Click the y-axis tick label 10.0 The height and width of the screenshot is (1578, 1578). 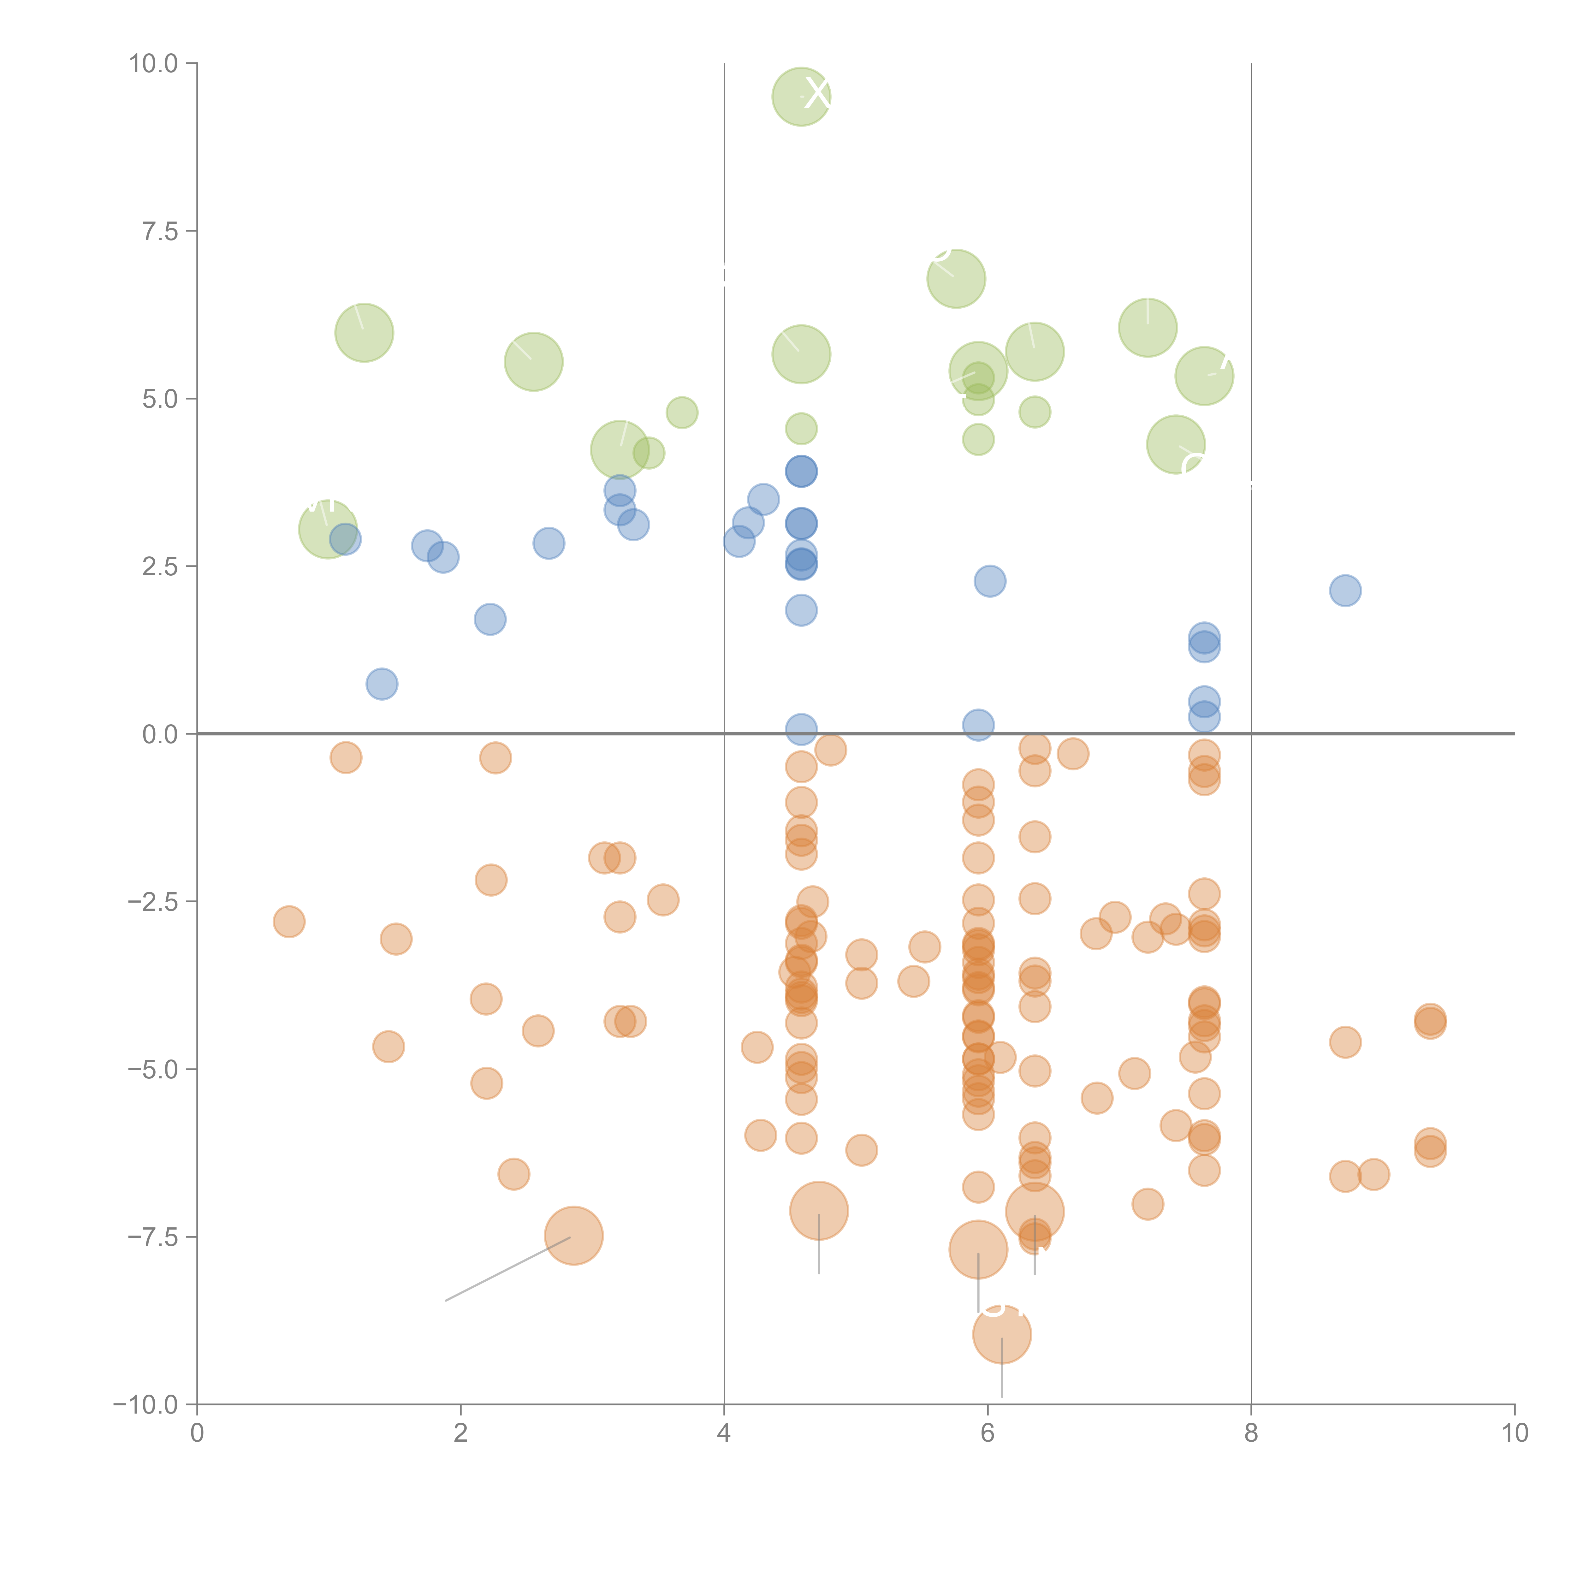point(154,64)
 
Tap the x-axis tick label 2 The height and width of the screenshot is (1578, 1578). point(461,1433)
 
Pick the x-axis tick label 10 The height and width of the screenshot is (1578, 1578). point(1514,1433)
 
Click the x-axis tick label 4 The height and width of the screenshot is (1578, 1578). point(724,1433)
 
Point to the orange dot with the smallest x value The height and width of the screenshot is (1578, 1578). point(289,922)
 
